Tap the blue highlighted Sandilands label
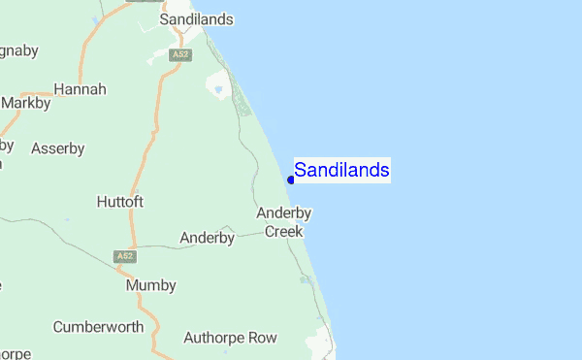[x=342, y=171]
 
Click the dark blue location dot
[x=291, y=180]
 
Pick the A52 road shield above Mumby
[x=124, y=256]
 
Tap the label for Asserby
[x=58, y=148]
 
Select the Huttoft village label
[x=120, y=202]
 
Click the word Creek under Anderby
[x=284, y=232]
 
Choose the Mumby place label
[x=151, y=285]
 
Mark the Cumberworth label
[x=98, y=327]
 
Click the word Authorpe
[x=212, y=338]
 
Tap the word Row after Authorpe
[x=262, y=338]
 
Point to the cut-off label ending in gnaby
[x=16, y=48]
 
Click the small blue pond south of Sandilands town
[x=219, y=90]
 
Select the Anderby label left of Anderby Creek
[x=208, y=237]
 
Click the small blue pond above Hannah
[x=94, y=19]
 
